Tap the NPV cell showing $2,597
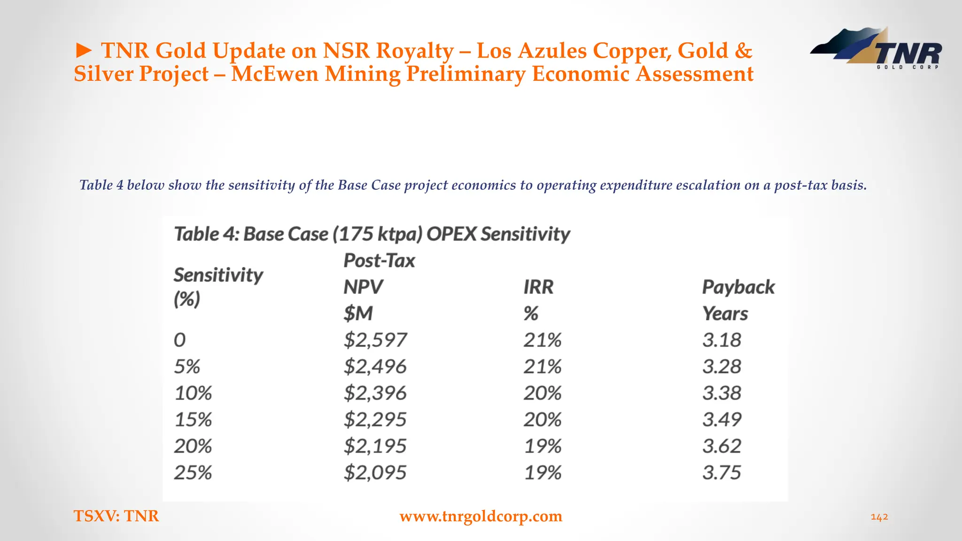tap(375, 340)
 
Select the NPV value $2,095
tap(375, 472)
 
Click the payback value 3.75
tap(721, 472)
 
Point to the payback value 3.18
tap(721, 340)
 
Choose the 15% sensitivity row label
tap(193, 419)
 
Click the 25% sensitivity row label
tap(193, 472)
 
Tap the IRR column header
tap(538, 287)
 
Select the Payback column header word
tap(738, 287)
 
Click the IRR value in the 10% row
tap(543, 393)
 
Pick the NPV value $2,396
tap(375, 393)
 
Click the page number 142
tap(879, 517)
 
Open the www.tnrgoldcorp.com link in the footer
tap(481, 516)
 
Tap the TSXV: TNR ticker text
tap(116, 516)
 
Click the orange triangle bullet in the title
tap(84, 51)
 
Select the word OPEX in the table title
tap(451, 234)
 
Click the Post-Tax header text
tap(379, 261)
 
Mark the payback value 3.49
tap(721, 419)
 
